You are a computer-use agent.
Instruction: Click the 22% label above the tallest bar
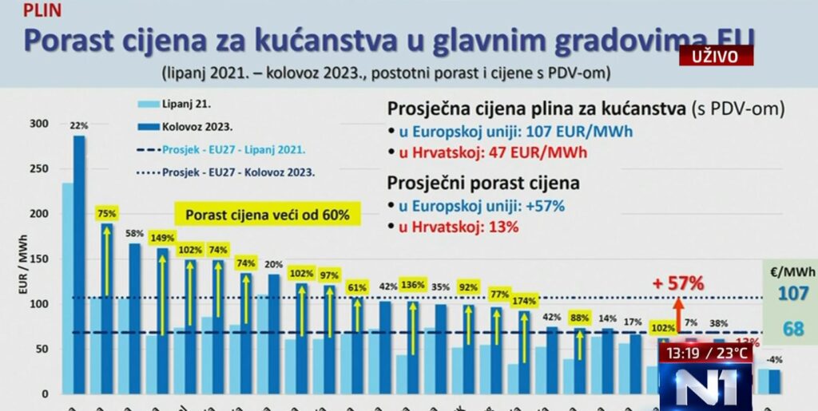[79, 125]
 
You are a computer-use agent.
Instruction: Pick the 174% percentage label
[524, 301]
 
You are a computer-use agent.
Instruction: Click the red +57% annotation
[677, 283]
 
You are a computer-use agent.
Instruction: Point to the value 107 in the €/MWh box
[793, 294]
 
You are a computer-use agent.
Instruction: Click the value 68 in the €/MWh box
[793, 329]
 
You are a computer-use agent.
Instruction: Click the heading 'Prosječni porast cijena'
[483, 183]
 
